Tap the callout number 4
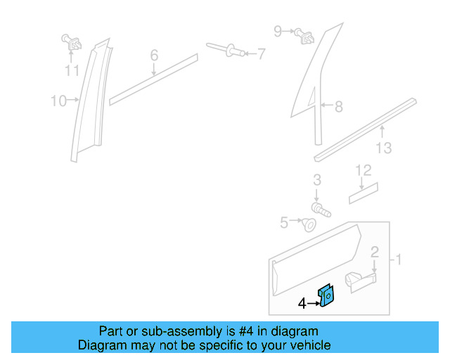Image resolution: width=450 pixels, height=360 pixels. click(302, 304)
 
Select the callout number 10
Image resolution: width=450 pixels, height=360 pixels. click(58, 101)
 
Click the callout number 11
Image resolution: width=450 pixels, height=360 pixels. click(72, 70)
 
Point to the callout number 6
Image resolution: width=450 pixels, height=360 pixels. click(154, 55)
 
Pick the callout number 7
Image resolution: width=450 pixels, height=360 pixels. click(260, 53)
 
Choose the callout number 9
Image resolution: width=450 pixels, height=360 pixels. click(278, 31)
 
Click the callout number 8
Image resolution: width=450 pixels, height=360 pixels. click(338, 107)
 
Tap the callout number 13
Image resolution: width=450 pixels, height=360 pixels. click(383, 148)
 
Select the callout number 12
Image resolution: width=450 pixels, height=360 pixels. click(362, 170)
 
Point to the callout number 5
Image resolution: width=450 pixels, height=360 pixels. click(284, 222)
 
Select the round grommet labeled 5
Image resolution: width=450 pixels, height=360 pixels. click(308, 225)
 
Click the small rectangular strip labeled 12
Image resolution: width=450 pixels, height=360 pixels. click(364, 192)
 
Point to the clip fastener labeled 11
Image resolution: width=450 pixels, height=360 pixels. click(72, 44)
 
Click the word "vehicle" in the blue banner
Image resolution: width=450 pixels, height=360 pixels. click(307, 345)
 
